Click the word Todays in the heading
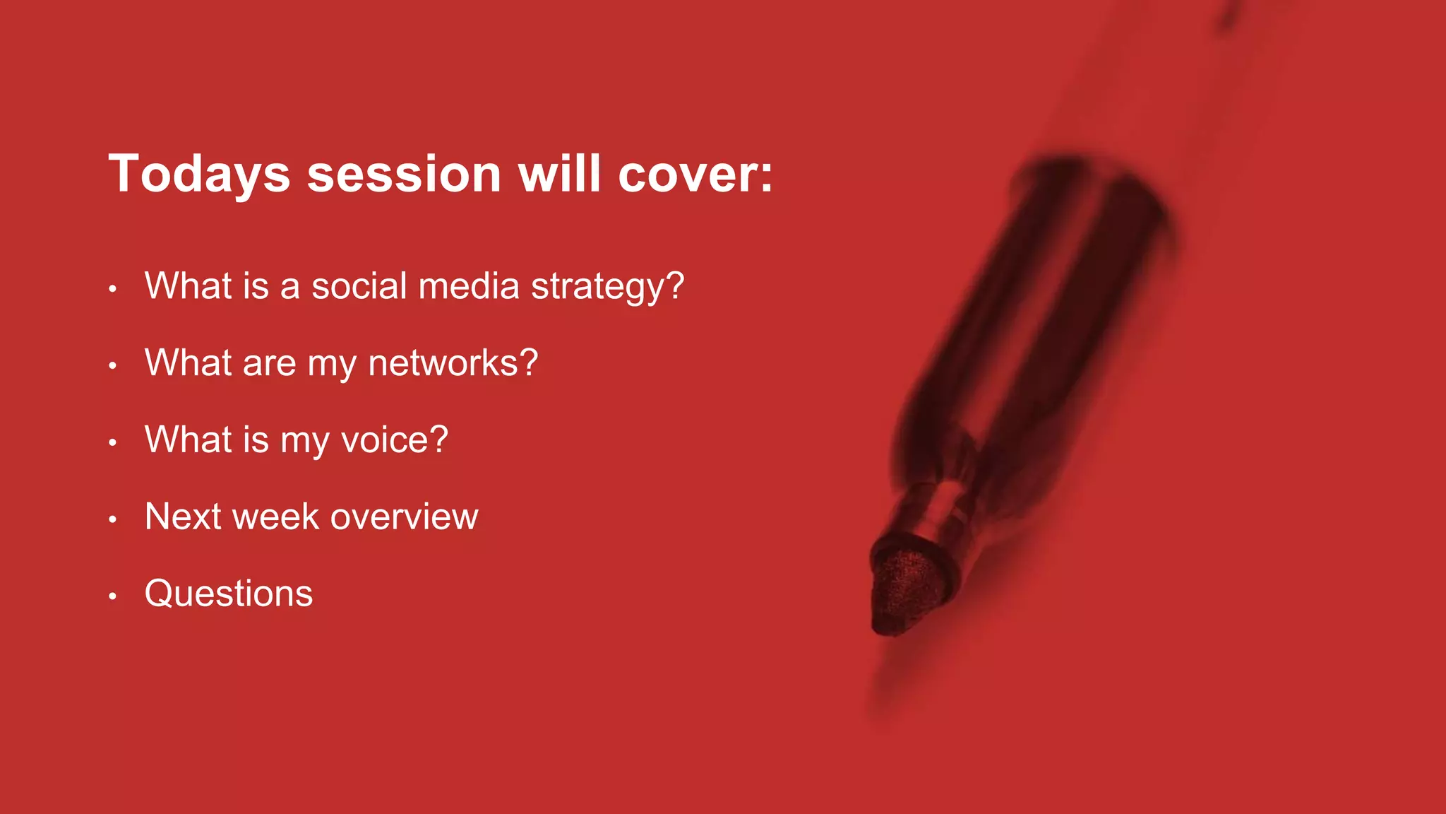point(199,175)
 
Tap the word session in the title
point(404,175)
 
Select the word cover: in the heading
point(695,175)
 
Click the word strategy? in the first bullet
point(607,288)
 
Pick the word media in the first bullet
point(469,286)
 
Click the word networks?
point(453,363)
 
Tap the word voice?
point(394,440)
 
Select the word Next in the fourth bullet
point(183,517)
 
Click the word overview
point(404,517)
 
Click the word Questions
point(228,594)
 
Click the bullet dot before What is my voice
point(112,443)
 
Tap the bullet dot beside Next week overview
point(112,520)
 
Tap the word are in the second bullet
point(268,363)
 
